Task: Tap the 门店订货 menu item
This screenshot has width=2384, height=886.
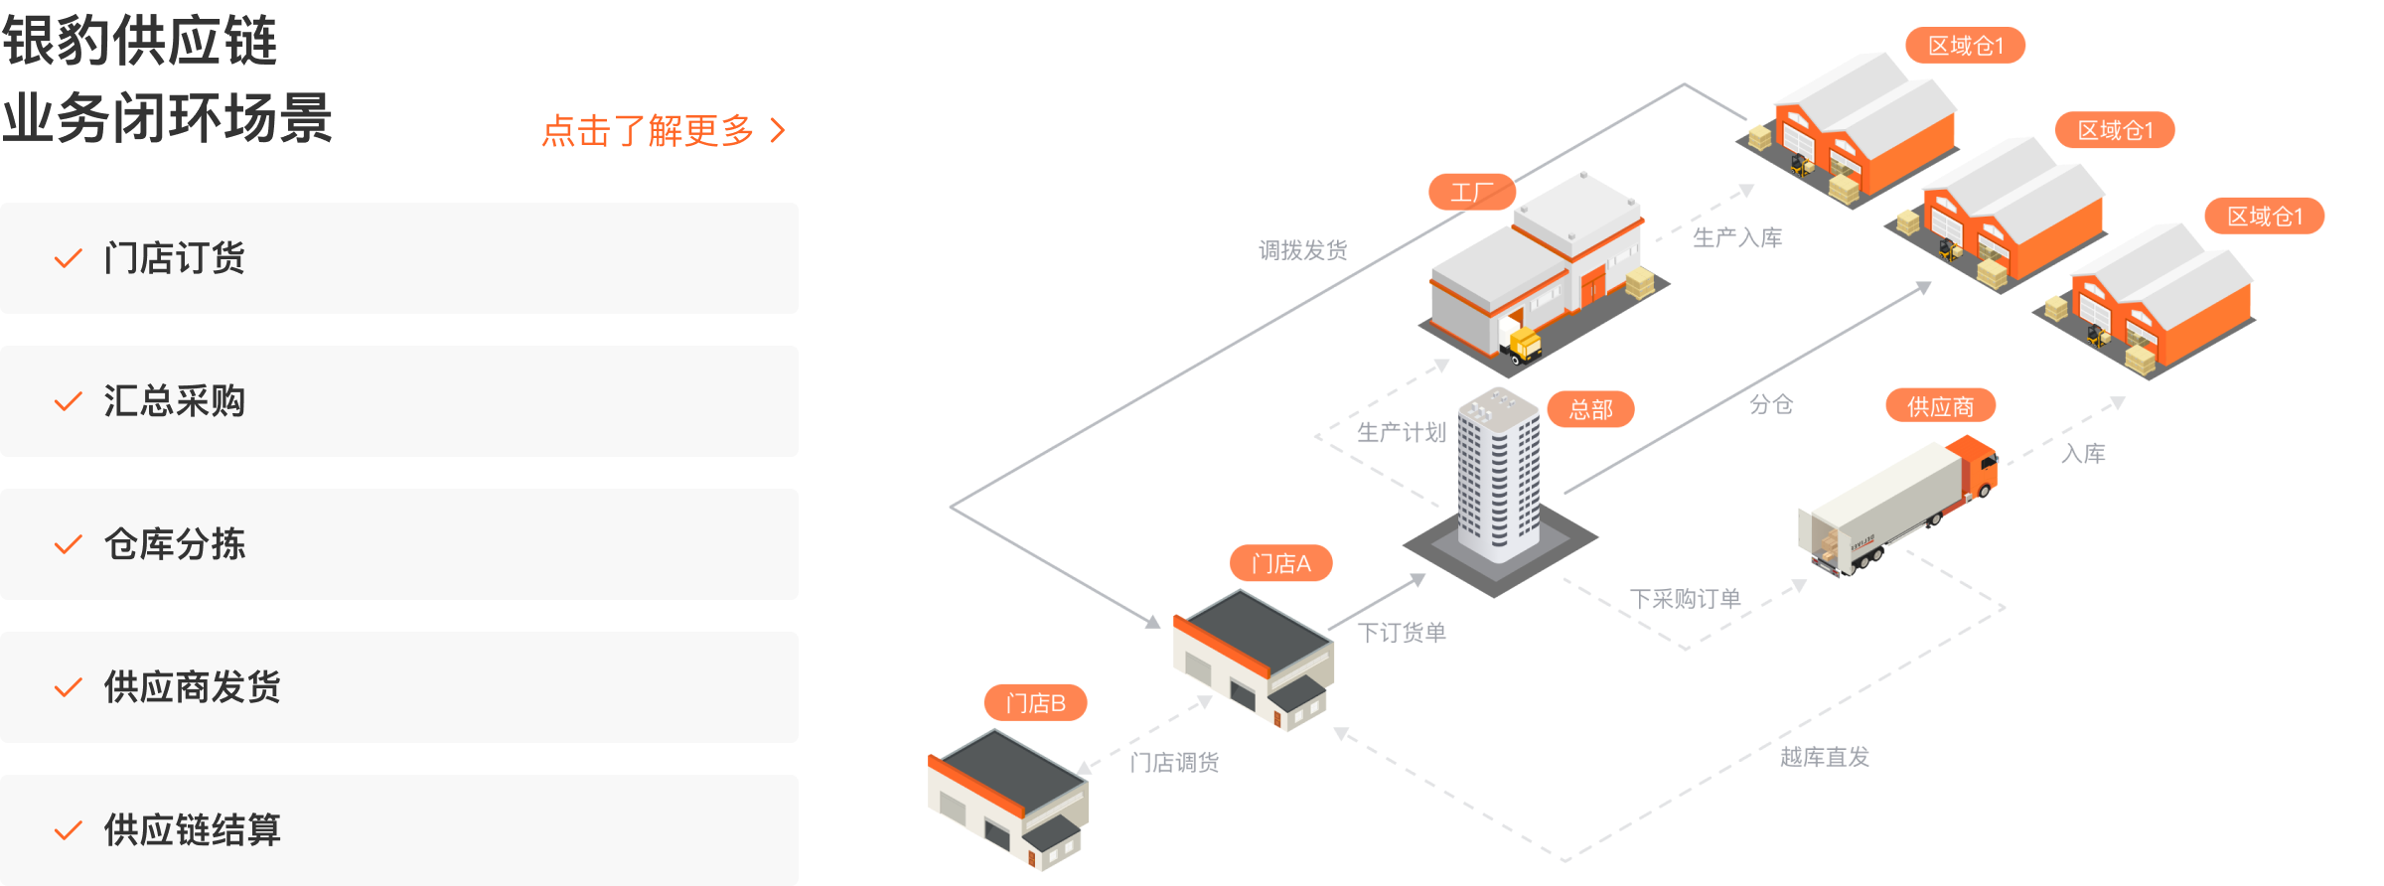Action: click(174, 258)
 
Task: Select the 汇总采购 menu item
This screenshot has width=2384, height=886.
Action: click(174, 401)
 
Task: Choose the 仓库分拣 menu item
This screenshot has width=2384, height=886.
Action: click(174, 544)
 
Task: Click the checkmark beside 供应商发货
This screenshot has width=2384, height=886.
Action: click(68, 687)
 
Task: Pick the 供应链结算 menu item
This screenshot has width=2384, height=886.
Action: click(192, 830)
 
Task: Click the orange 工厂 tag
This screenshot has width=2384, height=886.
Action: click(1471, 192)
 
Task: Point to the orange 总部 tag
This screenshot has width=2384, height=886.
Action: click(1590, 409)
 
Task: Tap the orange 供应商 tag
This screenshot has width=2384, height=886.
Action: click(1940, 406)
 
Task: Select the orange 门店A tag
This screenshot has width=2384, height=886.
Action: click(1280, 564)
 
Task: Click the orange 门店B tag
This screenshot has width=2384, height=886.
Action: click(1035, 703)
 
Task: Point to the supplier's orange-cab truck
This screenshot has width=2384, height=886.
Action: click(1897, 507)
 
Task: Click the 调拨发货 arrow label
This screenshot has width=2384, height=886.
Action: click(1302, 250)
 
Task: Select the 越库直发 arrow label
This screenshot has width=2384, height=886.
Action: click(1824, 757)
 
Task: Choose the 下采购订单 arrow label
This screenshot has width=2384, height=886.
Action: click(1685, 599)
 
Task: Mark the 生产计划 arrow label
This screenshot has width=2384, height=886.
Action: click(1401, 432)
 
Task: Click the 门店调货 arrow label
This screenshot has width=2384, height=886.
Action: click(1174, 762)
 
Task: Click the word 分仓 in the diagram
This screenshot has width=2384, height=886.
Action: click(1771, 404)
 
